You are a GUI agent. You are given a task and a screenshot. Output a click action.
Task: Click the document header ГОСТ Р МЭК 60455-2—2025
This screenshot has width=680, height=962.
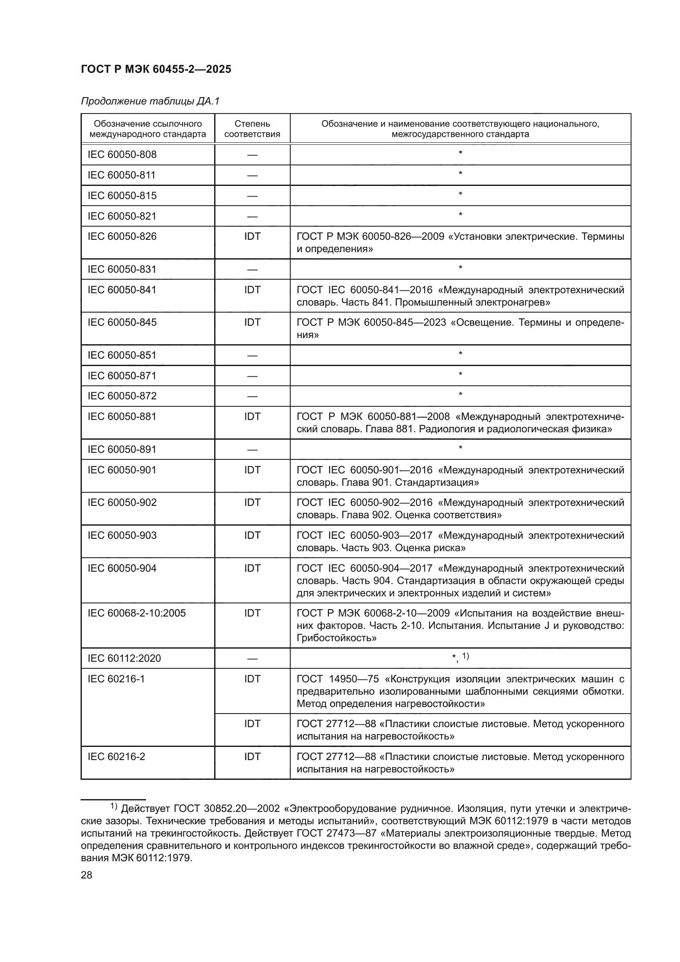click(156, 70)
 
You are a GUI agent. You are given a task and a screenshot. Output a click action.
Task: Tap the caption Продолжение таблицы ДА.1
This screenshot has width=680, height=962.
click(150, 102)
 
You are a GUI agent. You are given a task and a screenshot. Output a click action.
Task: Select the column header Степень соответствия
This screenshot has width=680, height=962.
click(252, 129)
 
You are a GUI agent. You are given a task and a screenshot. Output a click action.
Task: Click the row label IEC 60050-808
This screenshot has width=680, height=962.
click(122, 155)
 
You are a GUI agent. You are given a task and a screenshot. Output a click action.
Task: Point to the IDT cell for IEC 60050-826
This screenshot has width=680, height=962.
click(252, 237)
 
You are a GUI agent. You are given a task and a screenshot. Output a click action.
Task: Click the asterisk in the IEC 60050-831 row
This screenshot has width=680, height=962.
click(460, 268)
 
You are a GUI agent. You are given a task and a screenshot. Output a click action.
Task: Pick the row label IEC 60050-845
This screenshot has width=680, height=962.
click(122, 322)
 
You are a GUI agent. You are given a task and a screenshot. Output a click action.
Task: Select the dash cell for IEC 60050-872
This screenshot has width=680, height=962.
click(252, 396)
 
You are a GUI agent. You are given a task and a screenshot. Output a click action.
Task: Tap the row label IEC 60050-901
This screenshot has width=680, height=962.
click(122, 470)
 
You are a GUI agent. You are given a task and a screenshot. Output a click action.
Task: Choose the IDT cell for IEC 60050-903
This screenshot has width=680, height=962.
click(252, 535)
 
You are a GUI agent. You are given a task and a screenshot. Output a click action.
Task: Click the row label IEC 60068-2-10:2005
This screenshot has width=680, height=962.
click(136, 613)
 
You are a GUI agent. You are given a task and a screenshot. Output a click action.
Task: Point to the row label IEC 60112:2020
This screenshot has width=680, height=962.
click(124, 658)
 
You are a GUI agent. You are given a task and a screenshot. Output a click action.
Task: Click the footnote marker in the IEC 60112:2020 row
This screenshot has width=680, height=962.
click(465, 656)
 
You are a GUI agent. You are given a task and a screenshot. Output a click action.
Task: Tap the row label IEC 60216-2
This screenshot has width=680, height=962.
click(116, 757)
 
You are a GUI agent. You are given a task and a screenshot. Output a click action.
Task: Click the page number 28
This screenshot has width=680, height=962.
click(87, 875)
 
